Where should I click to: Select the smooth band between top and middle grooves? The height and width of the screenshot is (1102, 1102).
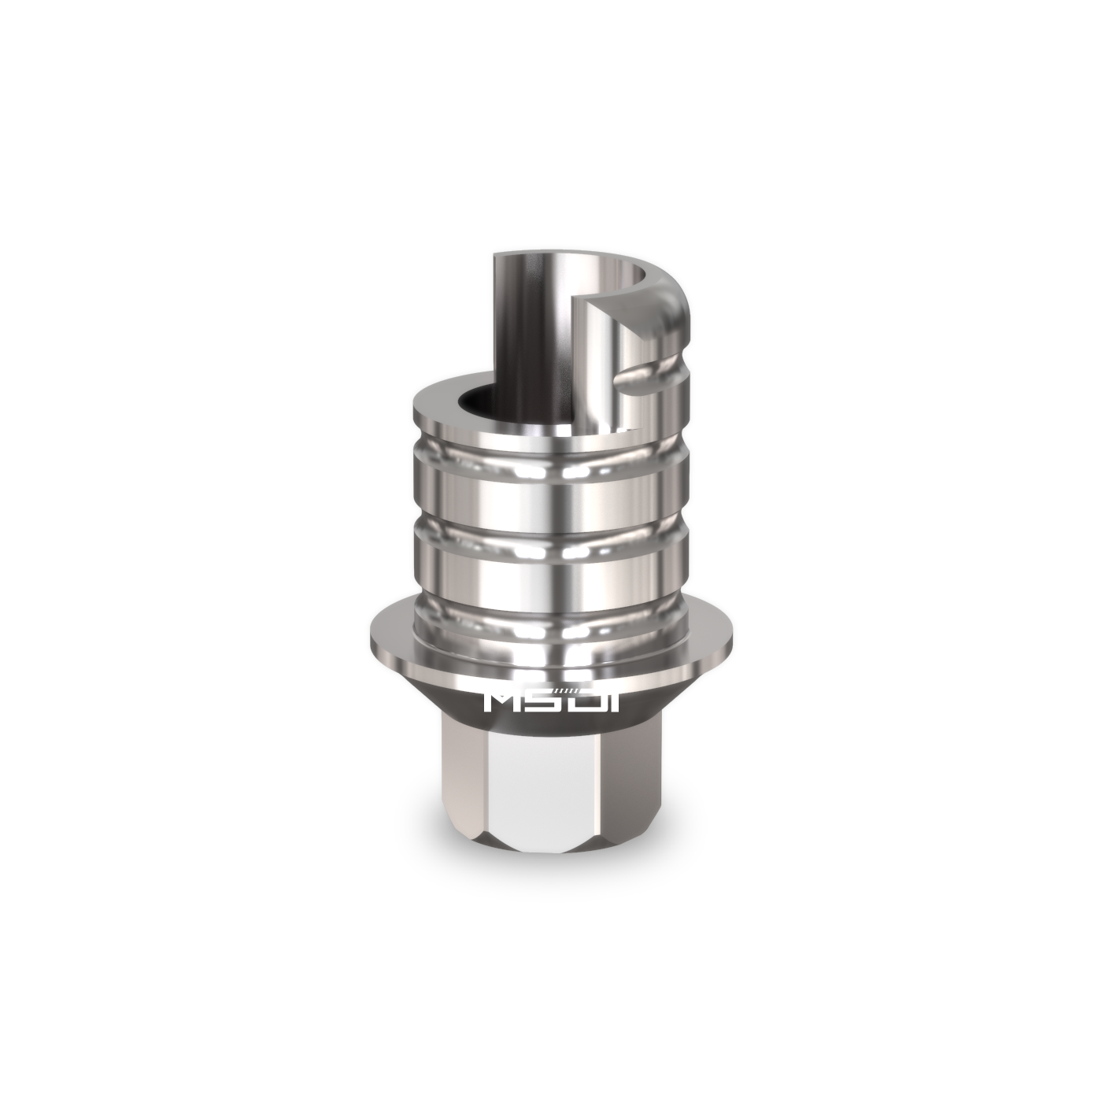click(x=551, y=496)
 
